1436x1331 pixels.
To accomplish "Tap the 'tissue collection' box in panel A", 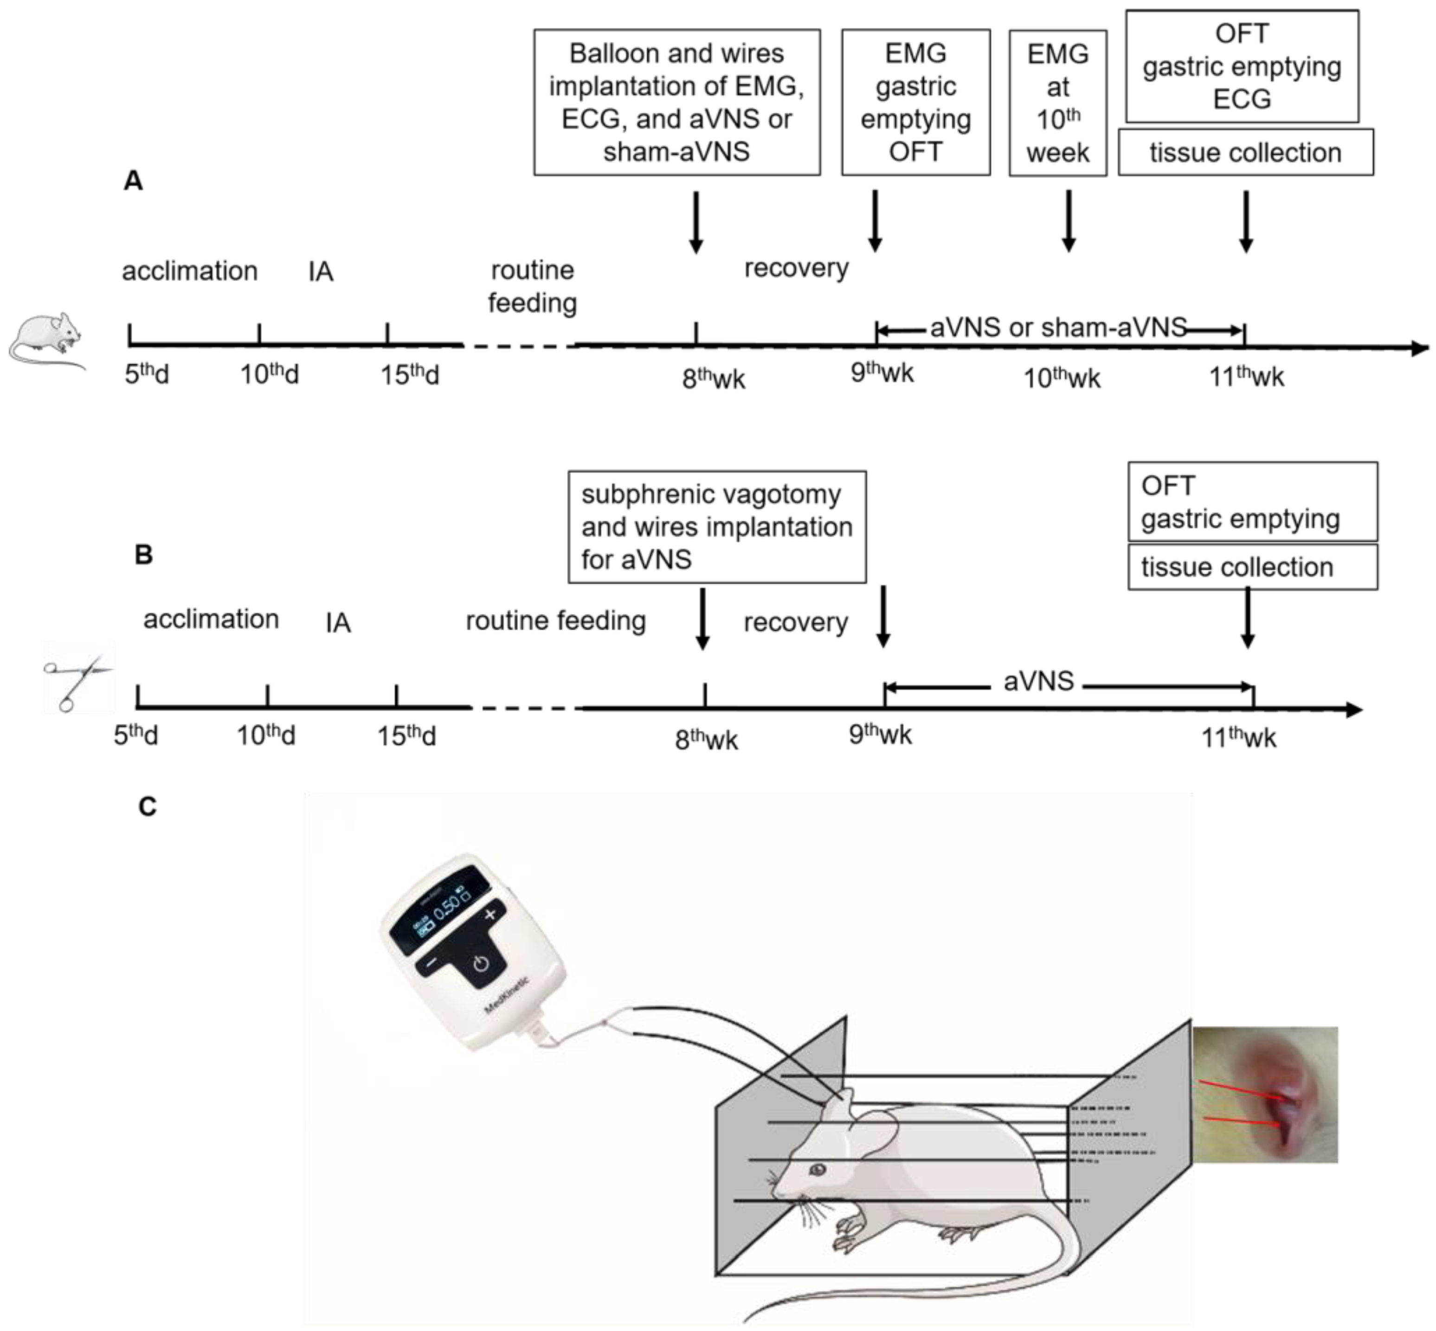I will click(x=1245, y=153).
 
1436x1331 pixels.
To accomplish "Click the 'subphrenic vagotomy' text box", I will click(x=716, y=526).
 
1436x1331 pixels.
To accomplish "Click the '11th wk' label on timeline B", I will click(x=1238, y=737).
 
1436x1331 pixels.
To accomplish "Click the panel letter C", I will click(x=147, y=806).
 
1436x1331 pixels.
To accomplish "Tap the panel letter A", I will click(x=133, y=181).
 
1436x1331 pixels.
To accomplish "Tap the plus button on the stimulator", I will click(x=490, y=915).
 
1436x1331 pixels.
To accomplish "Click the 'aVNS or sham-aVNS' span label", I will click(x=1058, y=328).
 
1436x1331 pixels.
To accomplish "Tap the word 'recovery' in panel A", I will click(x=796, y=268).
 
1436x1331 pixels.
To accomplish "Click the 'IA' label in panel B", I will click(x=338, y=622).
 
